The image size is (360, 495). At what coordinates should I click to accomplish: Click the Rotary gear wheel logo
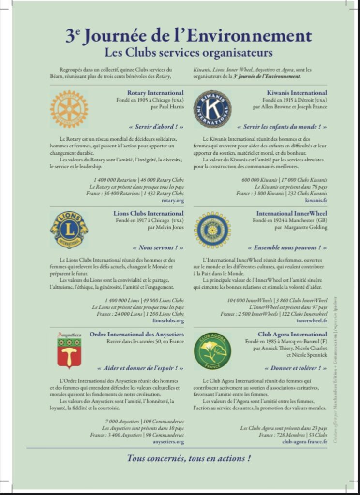click(x=69, y=109)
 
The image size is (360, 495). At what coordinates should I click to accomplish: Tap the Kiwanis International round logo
click(x=212, y=109)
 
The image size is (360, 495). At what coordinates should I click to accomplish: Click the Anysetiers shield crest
click(x=69, y=350)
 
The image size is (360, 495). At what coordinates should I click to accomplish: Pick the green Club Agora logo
click(x=212, y=351)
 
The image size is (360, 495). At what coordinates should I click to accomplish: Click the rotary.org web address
click(x=172, y=200)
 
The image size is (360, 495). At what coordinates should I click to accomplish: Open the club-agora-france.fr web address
click(x=304, y=441)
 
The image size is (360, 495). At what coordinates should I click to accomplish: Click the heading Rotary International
click(x=155, y=92)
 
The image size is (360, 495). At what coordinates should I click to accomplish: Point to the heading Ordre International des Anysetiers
click(x=136, y=334)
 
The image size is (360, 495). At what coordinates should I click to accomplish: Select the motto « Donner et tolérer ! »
click(x=295, y=368)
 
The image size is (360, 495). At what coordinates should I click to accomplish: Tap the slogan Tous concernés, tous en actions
click(x=189, y=458)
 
